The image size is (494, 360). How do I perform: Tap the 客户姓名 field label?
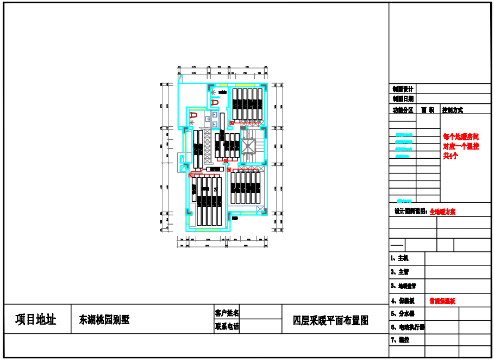[x=227, y=313]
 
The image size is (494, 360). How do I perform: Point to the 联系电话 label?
[x=227, y=327]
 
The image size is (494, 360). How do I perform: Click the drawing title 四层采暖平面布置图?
[x=330, y=320]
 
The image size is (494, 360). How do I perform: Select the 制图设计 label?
[x=403, y=89]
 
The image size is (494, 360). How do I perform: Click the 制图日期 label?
[x=403, y=99]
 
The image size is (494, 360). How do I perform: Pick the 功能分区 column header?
[x=403, y=110]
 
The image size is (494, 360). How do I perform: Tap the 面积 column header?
[x=428, y=110]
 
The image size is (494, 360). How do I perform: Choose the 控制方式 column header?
[x=453, y=110]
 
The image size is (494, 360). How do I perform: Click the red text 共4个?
[x=451, y=156]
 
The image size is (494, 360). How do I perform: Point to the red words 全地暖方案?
[x=442, y=212]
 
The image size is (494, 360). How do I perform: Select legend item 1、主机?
[x=399, y=258]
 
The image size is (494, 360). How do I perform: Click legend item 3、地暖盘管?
[x=403, y=285]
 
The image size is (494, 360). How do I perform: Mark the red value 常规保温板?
[x=442, y=301]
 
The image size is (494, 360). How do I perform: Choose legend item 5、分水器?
[x=403, y=314]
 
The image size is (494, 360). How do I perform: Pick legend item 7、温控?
[x=399, y=340]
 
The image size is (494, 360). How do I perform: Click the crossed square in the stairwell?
[x=248, y=146]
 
